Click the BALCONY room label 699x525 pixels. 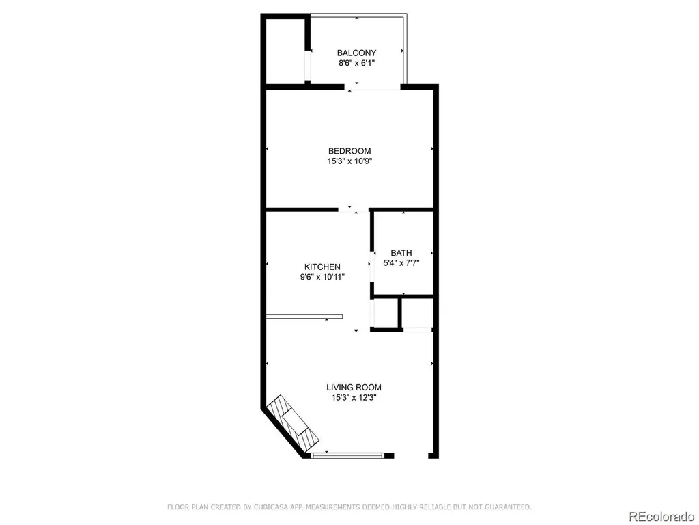pyautogui.click(x=356, y=53)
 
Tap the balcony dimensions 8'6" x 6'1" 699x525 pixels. pyautogui.click(x=356, y=63)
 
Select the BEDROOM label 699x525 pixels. pyautogui.click(x=349, y=151)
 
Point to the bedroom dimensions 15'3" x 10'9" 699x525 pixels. pyautogui.click(x=349, y=161)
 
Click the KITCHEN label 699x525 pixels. pyautogui.click(x=322, y=267)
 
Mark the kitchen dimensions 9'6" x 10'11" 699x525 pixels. pyautogui.click(x=322, y=278)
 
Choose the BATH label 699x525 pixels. pyautogui.click(x=401, y=253)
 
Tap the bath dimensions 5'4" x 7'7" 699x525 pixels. pyautogui.click(x=401, y=263)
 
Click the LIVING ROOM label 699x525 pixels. pyautogui.click(x=354, y=388)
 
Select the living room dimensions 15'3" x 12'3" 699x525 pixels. pyautogui.click(x=354, y=398)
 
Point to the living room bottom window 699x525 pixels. pyautogui.click(x=347, y=455)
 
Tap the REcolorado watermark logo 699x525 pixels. pyautogui.click(x=661, y=517)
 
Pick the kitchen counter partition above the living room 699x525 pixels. pyautogui.click(x=304, y=317)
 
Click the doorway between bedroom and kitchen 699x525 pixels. pyautogui.click(x=353, y=209)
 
